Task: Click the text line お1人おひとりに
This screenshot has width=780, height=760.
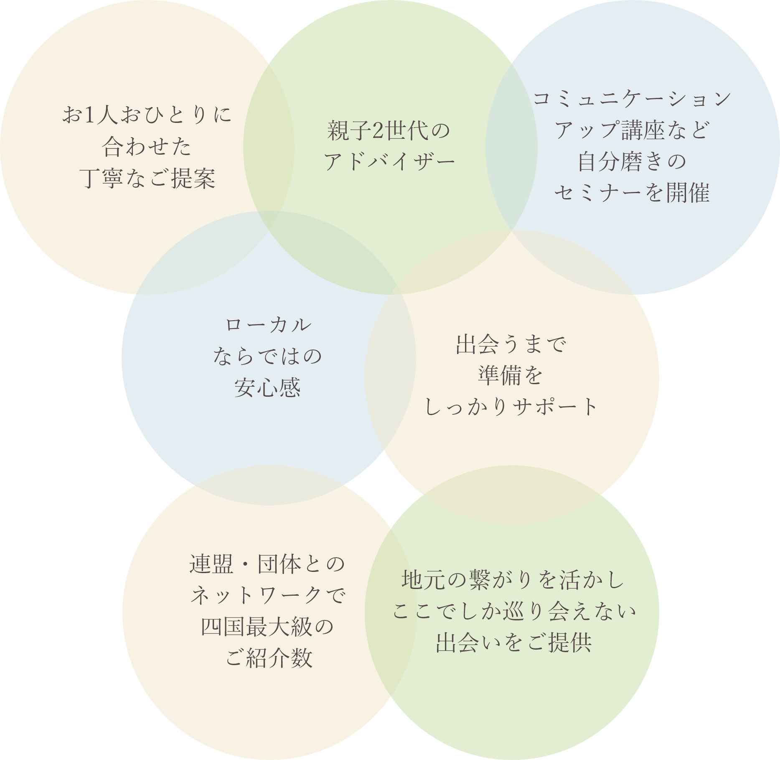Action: coord(147,115)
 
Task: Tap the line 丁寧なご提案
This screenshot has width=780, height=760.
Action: coord(147,179)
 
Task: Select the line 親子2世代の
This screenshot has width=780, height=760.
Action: coord(389,130)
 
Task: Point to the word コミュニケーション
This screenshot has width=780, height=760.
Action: coord(632,99)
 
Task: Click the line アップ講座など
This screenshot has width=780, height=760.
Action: coord(632,130)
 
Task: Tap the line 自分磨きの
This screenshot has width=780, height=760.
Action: coord(632,161)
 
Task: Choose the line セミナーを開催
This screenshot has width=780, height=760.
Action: coord(632,193)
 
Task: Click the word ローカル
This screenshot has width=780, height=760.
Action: coord(268,325)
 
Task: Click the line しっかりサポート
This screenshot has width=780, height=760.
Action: coord(511,407)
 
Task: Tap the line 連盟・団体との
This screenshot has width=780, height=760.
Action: coord(267,564)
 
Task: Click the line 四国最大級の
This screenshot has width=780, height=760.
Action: coord(267,627)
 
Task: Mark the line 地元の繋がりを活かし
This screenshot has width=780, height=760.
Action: coord(513,580)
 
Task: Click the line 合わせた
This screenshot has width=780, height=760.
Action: coord(147,147)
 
